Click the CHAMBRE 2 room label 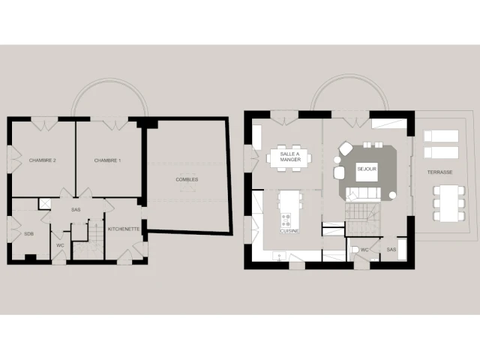coord(43,160)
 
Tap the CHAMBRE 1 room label coord(107,160)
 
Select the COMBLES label coord(187,180)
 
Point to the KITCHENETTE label coord(124,229)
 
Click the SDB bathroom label coord(28,234)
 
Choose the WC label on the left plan coord(60,245)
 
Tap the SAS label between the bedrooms coord(76,210)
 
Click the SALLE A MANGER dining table coord(289,157)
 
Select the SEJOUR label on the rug coord(367,169)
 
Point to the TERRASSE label coord(440,172)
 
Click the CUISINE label coord(289,231)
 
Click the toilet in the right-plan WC coord(355,250)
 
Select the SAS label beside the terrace coord(391,250)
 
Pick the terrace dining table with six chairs coord(449,203)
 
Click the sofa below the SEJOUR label coord(363,194)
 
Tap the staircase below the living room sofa coord(362,219)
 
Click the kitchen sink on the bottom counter coord(279,256)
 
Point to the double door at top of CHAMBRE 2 coord(45,124)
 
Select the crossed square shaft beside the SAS coord(45,204)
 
